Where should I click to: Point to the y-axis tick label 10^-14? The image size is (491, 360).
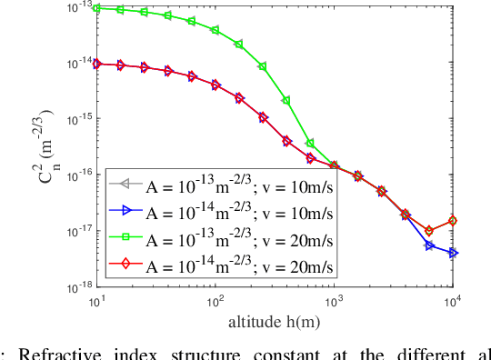point(75,63)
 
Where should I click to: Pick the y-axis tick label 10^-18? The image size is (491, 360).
point(75,286)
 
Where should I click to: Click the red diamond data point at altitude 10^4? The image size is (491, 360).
point(454,221)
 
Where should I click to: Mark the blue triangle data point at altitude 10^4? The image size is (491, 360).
point(454,253)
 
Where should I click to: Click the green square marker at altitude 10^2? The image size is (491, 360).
point(215,30)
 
